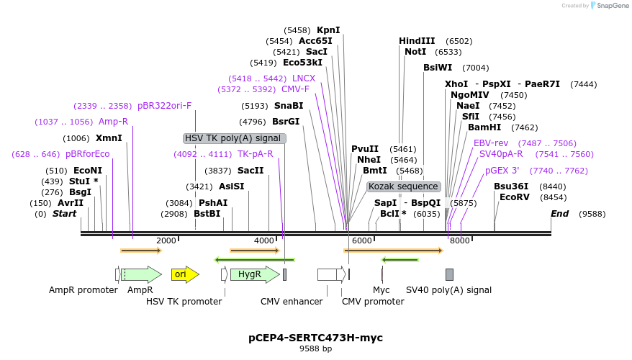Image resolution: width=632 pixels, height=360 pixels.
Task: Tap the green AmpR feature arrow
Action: (143, 274)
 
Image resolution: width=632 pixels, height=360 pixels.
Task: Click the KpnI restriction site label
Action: (328, 30)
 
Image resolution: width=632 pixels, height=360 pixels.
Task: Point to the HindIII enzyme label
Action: (417, 41)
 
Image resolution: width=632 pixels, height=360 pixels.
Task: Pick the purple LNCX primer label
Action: (304, 78)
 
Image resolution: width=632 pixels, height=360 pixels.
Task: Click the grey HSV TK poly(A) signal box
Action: (234, 138)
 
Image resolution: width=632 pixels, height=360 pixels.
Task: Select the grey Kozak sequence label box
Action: (403, 186)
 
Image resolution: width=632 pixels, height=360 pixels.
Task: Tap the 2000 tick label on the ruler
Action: (166, 240)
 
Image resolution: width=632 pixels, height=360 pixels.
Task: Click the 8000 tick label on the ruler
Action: (460, 240)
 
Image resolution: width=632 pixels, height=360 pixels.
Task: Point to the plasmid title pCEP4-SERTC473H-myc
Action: (315, 337)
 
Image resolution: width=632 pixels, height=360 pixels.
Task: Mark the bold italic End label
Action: (559, 214)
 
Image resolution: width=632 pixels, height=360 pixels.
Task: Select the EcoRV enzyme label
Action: (513, 197)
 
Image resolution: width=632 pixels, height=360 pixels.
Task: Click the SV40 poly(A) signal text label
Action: (448, 290)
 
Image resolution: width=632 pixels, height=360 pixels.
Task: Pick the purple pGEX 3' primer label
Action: (502, 171)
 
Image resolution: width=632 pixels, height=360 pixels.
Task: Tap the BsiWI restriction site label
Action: (438, 68)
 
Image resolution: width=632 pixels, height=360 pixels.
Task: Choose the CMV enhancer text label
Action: (292, 302)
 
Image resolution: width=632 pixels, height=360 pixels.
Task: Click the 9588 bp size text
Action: (315, 349)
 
